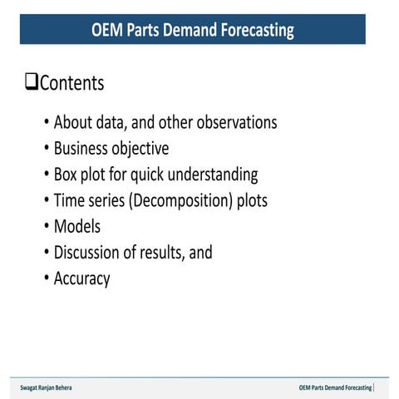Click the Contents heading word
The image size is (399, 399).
[x=71, y=83]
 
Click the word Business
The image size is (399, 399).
[x=81, y=149]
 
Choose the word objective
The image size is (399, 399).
[x=140, y=149]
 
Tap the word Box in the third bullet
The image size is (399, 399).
[x=67, y=175]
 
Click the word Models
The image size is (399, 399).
[x=77, y=226]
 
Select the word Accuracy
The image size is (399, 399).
[x=81, y=278]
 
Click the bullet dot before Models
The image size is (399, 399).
[x=46, y=227]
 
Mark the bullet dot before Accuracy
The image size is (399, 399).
[x=46, y=278]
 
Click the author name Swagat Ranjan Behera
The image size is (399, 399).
[x=52, y=388]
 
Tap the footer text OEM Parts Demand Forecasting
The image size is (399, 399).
[x=335, y=388]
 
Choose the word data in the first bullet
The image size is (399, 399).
[x=114, y=123]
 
